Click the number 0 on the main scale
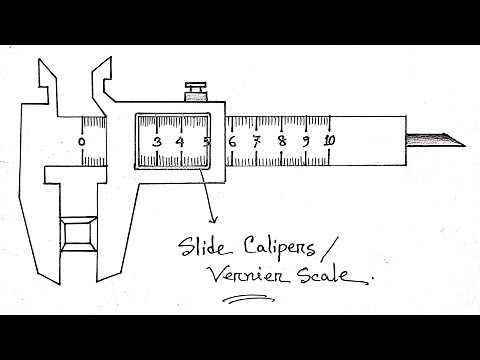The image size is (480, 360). (x=82, y=142)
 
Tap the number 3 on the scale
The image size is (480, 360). (x=157, y=143)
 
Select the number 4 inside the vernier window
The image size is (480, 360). (x=181, y=143)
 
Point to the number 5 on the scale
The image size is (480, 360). (x=206, y=143)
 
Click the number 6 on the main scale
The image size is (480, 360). (x=232, y=143)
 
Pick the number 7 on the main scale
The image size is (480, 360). (x=256, y=143)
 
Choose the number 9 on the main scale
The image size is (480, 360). (x=305, y=143)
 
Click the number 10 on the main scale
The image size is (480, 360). (x=329, y=142)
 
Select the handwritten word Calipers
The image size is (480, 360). (x=277, y=246)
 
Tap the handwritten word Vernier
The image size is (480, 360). (x=240, y=273)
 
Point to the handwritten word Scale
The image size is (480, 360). (x=319, y=272)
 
